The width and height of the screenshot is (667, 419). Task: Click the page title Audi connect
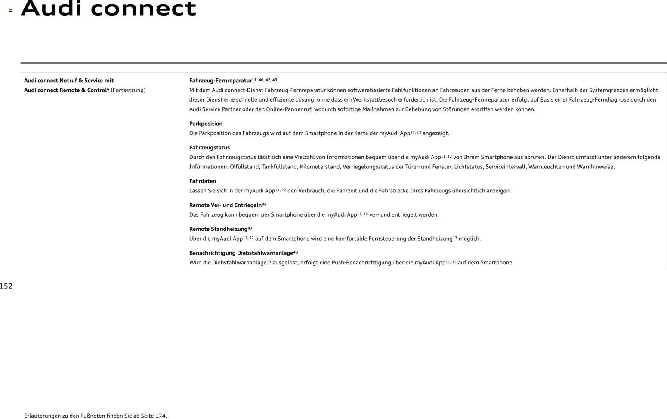point(108,9)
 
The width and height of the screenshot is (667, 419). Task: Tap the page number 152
point(6,286)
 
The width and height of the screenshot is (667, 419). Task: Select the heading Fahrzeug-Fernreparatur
point(220,81)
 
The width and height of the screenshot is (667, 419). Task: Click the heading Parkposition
point(206,124)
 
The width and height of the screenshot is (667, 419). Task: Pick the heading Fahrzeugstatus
point(210,148)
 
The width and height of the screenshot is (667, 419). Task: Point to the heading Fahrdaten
point(203,181)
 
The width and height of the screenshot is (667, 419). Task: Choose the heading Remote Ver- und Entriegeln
point(225,205)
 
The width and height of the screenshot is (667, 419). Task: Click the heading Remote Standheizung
point(218,229)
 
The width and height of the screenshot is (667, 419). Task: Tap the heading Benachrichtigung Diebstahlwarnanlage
point(241,253)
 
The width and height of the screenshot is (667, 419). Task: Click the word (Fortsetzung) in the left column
point(128,90)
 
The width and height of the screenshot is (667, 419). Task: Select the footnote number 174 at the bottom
point(161,416)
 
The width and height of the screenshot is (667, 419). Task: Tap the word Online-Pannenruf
point(289,109)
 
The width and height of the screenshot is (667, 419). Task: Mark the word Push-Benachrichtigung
point(361,263)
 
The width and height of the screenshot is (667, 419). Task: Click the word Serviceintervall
point(505,167)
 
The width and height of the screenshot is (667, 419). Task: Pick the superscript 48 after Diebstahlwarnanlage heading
point(296,252)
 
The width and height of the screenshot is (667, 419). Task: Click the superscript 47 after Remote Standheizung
point(250,228)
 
